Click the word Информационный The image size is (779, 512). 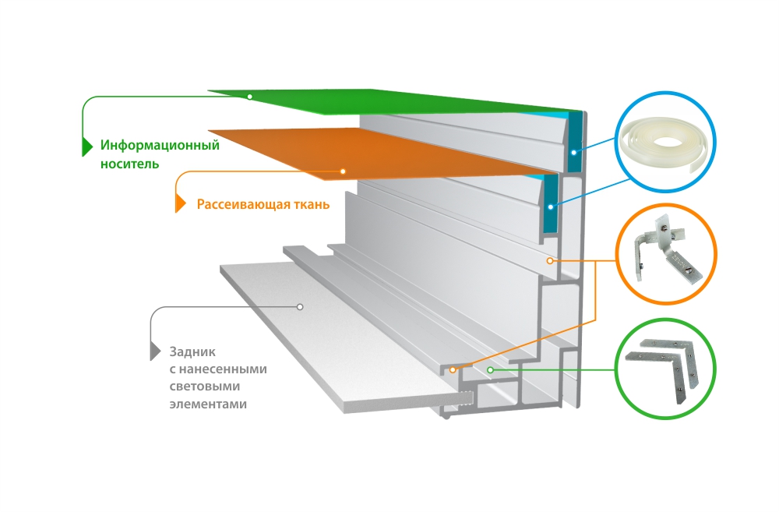(x=160, y=145)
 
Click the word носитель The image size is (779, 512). (x=129, y=164)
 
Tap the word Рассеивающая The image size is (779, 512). (x=238, y=204)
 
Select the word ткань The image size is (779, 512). (x=308, y=204)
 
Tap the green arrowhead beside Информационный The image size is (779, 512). (x=87, y=146)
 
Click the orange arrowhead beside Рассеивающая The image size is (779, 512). (x=181, y=204)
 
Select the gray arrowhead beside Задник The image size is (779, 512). (x=155, y=351)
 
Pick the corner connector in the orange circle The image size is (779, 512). (x=668, y=252)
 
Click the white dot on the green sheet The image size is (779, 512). (x=249, y=97)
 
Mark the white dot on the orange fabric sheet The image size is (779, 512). (x=342, y=170)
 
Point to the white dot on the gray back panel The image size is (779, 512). (x=299, y=307)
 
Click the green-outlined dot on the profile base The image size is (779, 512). (x=490, y=369)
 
